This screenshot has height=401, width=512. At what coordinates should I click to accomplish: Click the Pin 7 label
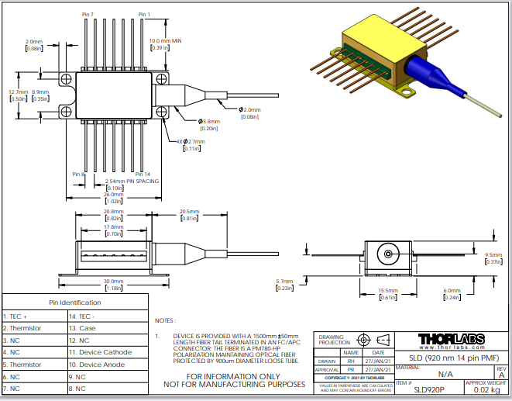[87, 15]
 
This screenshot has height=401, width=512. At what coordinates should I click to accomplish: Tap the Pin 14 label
[143, 174]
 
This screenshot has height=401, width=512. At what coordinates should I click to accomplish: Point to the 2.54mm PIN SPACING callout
[132, 181]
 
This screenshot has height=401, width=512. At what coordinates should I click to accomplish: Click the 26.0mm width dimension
[115, 195]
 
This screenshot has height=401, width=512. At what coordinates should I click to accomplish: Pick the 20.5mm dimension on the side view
[190, 211]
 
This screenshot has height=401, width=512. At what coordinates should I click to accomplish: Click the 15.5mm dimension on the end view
[387, 290]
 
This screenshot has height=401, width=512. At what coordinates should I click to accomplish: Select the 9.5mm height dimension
[493, 254]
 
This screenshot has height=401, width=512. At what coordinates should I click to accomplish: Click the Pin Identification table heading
[75, 302]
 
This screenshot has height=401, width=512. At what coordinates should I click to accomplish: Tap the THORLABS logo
[452, 339]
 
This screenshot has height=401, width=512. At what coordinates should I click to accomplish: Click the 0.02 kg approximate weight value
[486, 390]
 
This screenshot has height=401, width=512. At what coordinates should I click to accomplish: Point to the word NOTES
[165, 320]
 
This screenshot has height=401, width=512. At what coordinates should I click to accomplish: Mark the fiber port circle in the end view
[387, 254]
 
